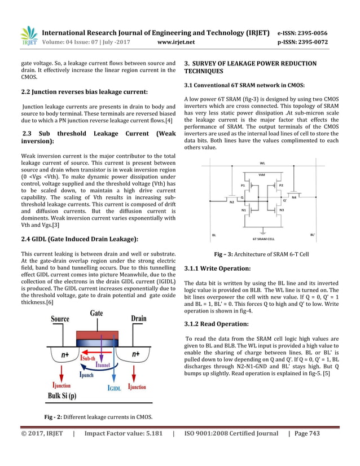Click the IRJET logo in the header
click(28, 36)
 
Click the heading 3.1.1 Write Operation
click(217, 269)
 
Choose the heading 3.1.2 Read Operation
click(216, 324)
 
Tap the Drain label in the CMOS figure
click(139, 319)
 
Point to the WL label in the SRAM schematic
click(263, 164)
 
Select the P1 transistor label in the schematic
click(243, 185)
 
